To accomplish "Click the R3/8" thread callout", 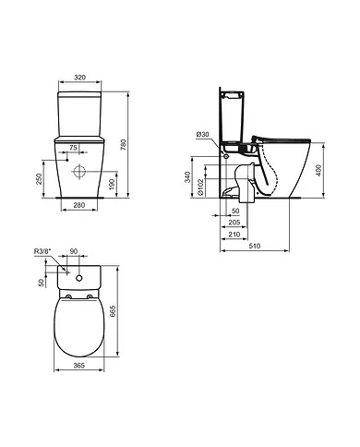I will coord(42,250).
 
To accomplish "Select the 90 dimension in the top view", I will coord(75,250).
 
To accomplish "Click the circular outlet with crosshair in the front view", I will coord(78,172).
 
